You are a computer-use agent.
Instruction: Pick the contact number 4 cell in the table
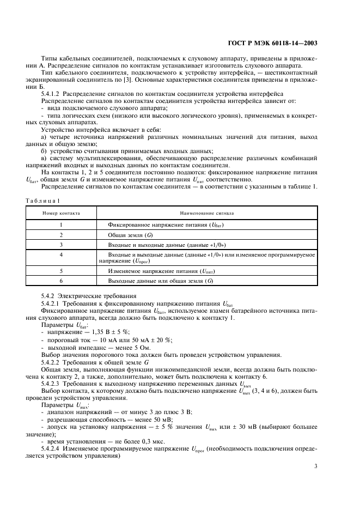coord(62,254)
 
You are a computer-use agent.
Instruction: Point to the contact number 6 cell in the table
coord(62,280)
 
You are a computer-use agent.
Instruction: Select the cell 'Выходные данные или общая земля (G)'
coord(160,280)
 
